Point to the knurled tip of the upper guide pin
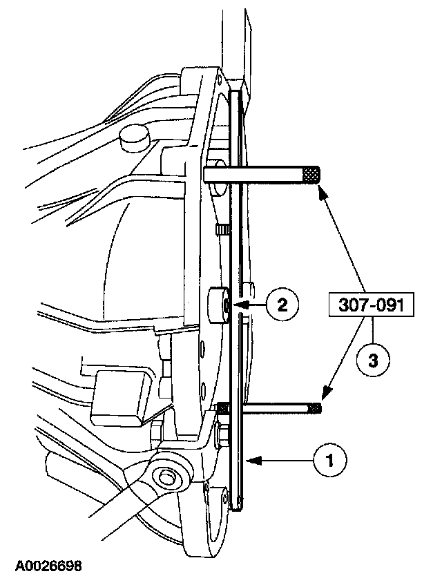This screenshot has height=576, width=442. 311,175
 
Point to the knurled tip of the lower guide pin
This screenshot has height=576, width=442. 315,408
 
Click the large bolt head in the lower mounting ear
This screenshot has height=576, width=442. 165,477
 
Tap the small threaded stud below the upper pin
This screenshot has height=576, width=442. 222,229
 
